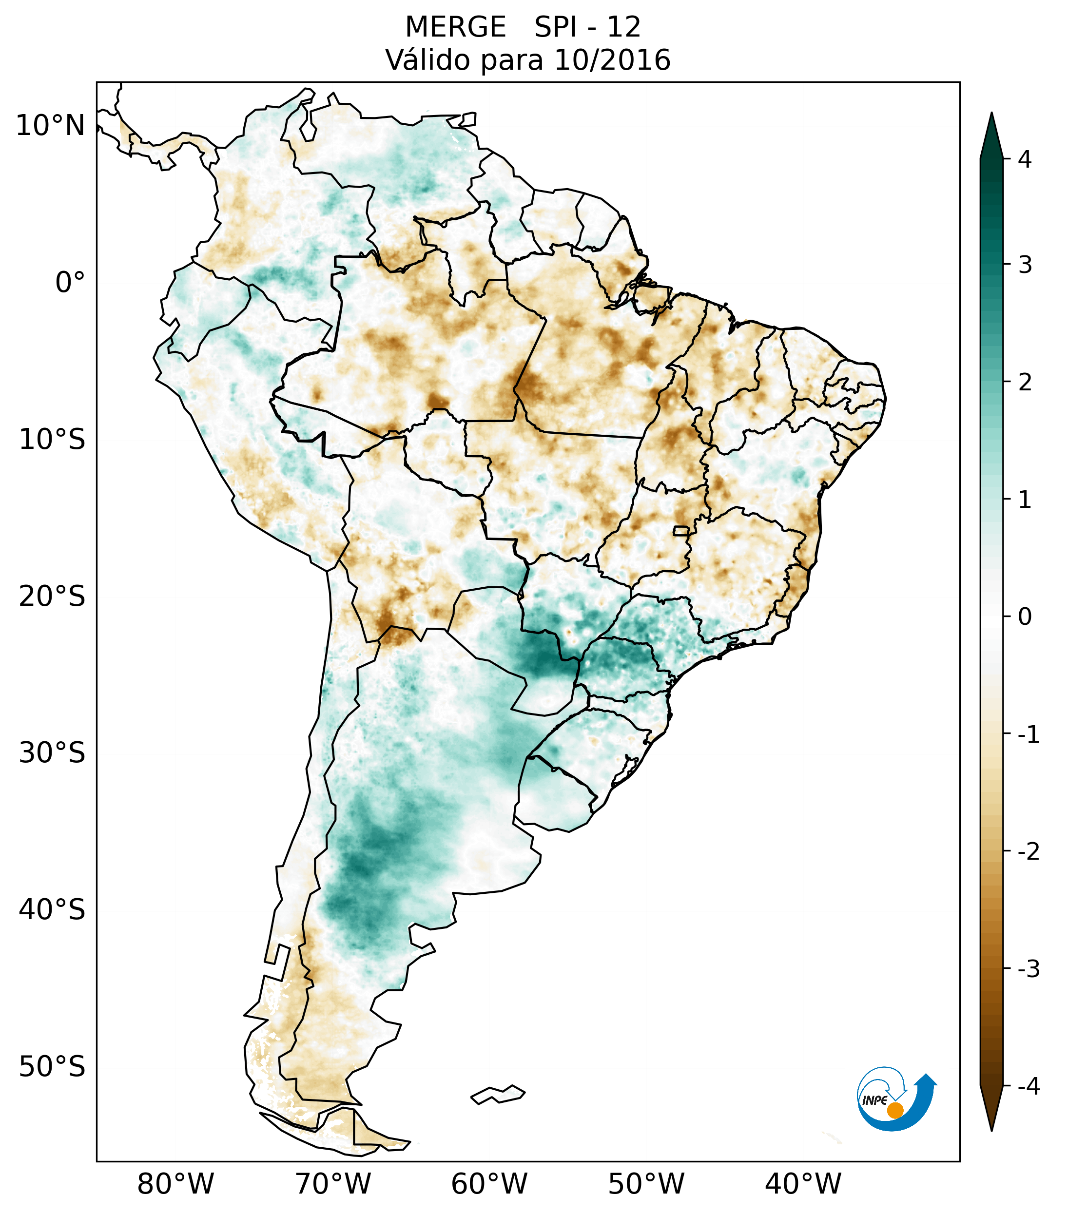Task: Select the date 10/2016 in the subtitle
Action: coord(612,60)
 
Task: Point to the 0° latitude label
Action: coord(70,283)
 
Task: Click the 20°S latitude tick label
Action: coord(52,597)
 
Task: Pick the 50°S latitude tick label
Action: coord(52,1067)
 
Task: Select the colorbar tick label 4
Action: coord(1025,159)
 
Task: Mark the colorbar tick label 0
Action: coord(1025,617)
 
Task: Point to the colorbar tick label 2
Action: coord(1025,383)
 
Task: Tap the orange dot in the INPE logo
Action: coord(895,1110)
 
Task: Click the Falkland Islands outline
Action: coord(498,1094)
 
